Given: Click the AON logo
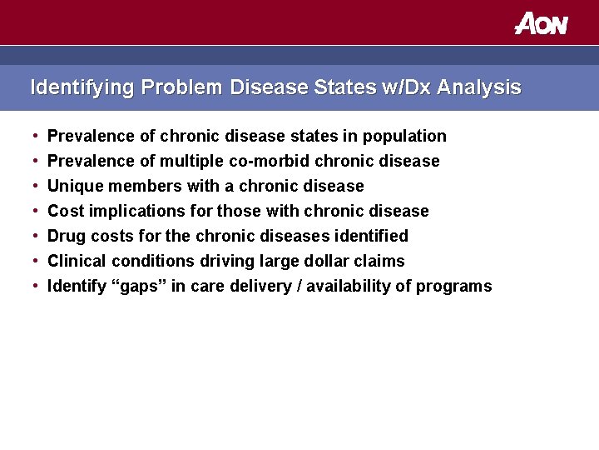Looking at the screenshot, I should point(541,23).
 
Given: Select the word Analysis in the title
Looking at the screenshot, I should point(479,87).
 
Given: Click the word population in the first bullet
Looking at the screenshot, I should point(407,136).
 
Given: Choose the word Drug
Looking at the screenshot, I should point(66,236).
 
